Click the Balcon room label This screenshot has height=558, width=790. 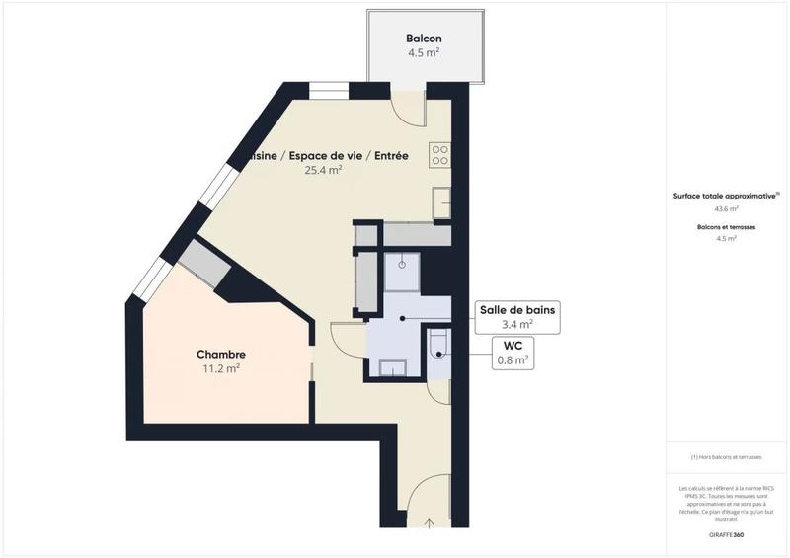coord(423,39)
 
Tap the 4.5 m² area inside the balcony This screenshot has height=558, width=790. coord(423,53)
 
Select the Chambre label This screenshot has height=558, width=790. coord(220,355)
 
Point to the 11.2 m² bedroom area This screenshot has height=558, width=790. coord(220,369)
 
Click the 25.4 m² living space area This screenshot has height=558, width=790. coord(323,170)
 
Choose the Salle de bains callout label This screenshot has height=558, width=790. coord(517,309)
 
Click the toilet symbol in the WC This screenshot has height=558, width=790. coord(439,343)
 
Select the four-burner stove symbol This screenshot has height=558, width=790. coord(440,154)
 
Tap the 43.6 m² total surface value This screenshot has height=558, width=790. coord(726,208)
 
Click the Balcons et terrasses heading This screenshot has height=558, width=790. coord(726,227)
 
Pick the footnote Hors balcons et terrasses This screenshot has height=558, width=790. coord(726,456)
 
